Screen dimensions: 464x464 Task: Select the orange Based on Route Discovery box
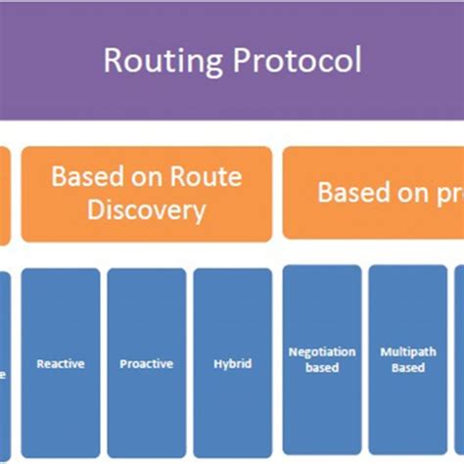(146, 194)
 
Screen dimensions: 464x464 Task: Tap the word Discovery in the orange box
(146, 210)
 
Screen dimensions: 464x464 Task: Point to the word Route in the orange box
(205, 177)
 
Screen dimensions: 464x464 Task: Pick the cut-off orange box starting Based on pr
(373, 193)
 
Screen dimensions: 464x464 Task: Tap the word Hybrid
(232, 363)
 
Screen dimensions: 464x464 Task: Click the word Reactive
(61, 363)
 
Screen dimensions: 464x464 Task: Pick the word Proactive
(146, 363)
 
